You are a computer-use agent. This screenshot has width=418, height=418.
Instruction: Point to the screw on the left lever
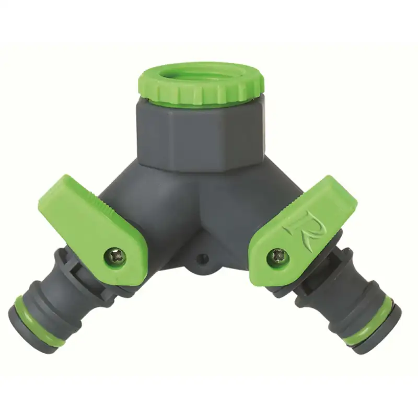click(x=115, y=257)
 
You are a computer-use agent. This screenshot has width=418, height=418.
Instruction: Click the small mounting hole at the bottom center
click(x=203, y=258)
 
